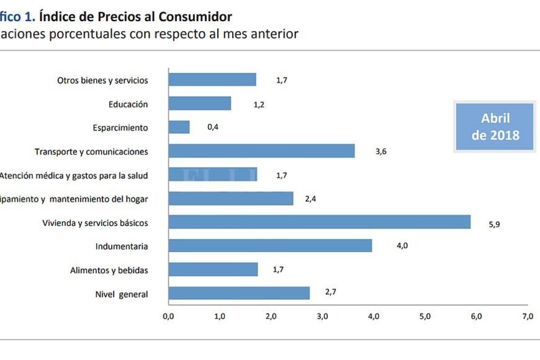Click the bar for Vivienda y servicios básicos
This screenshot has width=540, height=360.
pos(319,222)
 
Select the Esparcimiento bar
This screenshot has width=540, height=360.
pos(179,127)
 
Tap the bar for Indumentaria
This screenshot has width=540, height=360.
pos(270,246)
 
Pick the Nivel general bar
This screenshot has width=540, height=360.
pos(239,293)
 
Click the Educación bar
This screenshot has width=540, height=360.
pos(199,104)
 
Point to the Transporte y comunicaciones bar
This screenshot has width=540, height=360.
pos(261,151)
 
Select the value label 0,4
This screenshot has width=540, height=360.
pos(213,127)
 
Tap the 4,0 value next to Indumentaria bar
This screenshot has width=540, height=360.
pos(402,246)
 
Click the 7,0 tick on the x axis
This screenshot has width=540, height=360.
pos(527,317)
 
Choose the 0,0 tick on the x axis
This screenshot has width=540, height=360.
pos(168,317)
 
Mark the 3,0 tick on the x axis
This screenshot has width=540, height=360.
pos(322,317)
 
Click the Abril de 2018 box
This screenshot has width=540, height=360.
pos(495,127)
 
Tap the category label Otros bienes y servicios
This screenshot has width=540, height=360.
pos(102,80)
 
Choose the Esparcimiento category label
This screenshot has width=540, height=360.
pos(120,127)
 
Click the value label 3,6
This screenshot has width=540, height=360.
pos(381,151)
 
